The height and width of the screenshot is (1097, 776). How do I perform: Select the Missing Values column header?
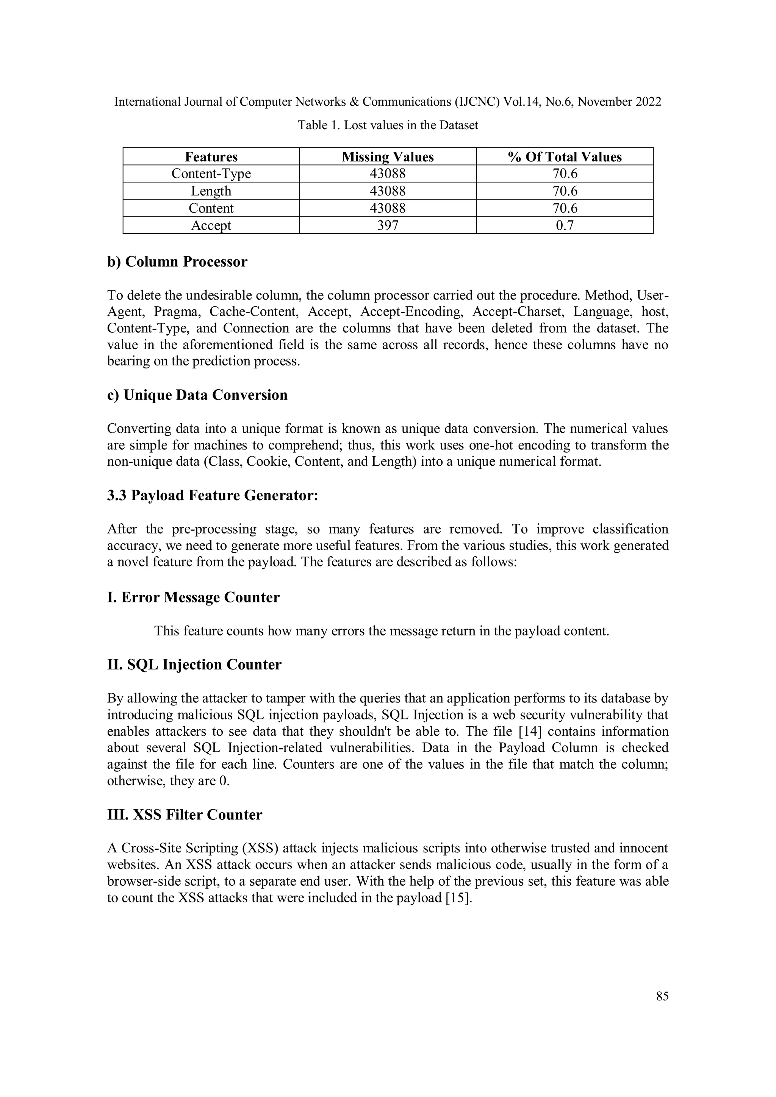387,157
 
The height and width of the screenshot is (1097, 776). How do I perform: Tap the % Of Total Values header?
564,157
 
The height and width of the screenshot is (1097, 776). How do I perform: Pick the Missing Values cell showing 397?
387,225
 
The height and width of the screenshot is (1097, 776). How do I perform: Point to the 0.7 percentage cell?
564,225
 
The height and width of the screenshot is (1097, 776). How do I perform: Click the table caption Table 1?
387,125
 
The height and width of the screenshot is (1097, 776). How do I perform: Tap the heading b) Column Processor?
177,262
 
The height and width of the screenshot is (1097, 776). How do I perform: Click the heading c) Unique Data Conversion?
197,395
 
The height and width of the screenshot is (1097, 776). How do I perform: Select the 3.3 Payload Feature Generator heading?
212,495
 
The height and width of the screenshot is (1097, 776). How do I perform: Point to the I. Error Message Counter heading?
193,597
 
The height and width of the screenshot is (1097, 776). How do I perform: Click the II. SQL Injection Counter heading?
194,665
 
